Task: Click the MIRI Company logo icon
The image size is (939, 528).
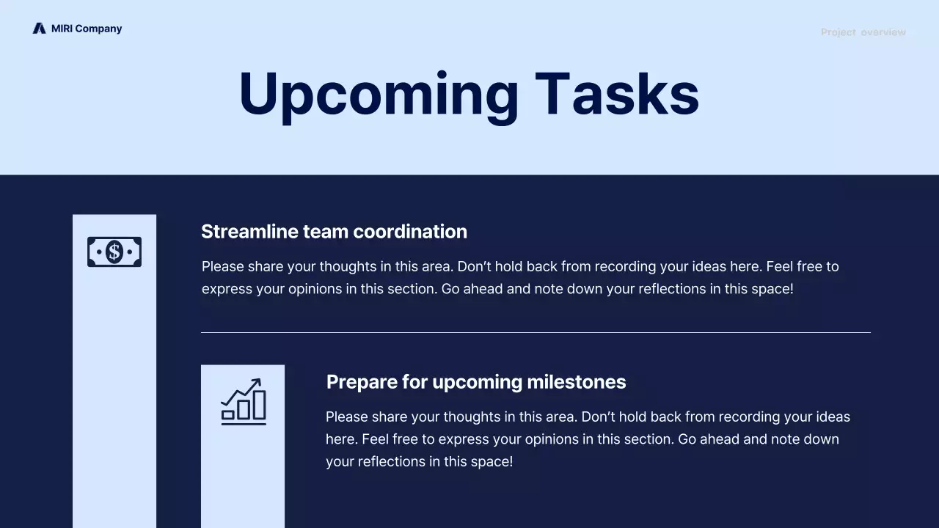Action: point(39,29)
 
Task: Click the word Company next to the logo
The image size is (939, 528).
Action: point(98,29)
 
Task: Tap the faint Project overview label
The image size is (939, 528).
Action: point(863,32)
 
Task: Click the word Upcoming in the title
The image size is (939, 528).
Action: point(378,94)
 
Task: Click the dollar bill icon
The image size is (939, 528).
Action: point(114,252)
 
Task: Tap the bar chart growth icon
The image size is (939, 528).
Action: point(243,402)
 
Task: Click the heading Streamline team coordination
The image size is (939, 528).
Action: point(334,232)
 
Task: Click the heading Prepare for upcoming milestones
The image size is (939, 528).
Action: point(475,382)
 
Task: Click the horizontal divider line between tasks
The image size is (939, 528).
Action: point(536,332)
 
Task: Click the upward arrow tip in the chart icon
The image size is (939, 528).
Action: point(257,381)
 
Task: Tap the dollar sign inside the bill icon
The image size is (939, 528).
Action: point(114,252)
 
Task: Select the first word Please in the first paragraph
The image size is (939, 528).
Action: point(222,267)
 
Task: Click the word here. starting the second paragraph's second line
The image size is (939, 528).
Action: point(341,439)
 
